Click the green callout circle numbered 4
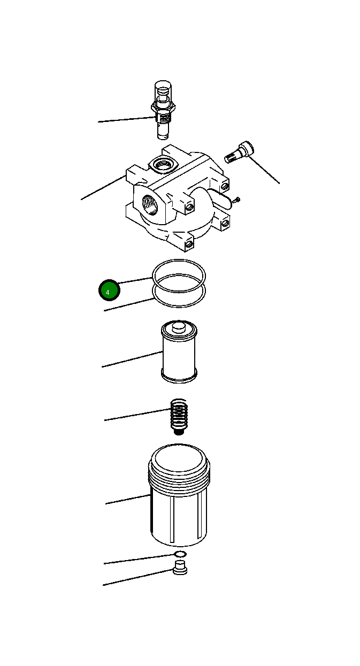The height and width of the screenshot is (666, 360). [x=109, y=291]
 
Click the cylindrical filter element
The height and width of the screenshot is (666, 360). [x=179, y=353]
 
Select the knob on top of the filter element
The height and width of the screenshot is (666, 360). [x=179, y=327]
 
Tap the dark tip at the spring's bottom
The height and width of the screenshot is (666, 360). [x=179, y=431]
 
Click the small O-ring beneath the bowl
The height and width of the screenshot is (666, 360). [x=180, y=554]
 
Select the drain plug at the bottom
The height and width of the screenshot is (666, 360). [x=181, y=569]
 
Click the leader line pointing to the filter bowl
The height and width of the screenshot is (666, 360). [x=128, y=500]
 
